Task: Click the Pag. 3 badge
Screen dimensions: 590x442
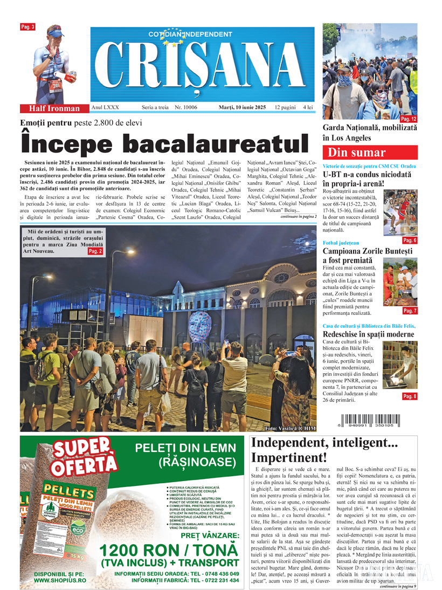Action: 27,27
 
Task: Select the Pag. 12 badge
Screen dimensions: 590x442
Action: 409,119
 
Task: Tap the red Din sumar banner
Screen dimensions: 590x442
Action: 370,152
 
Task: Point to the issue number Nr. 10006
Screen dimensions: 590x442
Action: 186,107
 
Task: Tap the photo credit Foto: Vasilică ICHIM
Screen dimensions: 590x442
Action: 290,428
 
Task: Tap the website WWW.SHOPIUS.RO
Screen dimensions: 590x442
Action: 58,580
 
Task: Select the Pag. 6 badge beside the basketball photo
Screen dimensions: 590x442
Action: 409,240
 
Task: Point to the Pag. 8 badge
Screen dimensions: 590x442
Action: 409,396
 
